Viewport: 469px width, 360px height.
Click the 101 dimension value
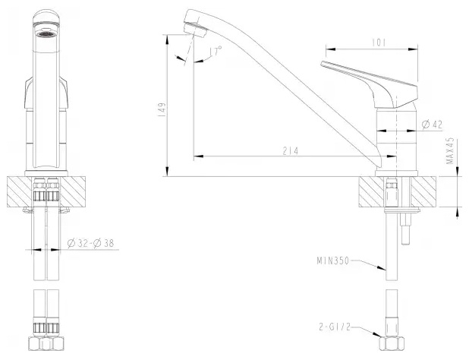pos(379,43)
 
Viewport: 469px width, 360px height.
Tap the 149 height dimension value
pos(162,110)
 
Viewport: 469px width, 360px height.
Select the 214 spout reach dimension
pos(291,151)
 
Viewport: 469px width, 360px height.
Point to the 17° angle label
pos(216,51)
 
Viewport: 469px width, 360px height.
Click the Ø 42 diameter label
pos(432,125)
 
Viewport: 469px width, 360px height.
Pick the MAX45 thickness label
pos(450,151)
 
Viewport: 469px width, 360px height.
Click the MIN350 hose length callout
pos(333,261)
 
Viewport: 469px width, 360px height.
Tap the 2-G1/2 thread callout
pos(335,327)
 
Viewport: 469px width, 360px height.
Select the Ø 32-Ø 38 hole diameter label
pos(91,243)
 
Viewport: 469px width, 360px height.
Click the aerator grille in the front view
pos(46,34)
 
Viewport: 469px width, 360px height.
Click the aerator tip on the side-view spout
pos(196,30)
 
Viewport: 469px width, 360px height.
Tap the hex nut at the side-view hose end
pos(392,343)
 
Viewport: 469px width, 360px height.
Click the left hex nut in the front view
pos(35,343)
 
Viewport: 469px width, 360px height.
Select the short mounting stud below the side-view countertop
pos(405,229)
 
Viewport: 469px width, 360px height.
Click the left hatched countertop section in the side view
pos(371,191)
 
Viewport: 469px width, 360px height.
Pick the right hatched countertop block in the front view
pos(73,191)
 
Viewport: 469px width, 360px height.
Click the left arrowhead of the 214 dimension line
pos(199,156)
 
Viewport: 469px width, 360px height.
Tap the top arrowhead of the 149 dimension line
pos(168,39)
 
